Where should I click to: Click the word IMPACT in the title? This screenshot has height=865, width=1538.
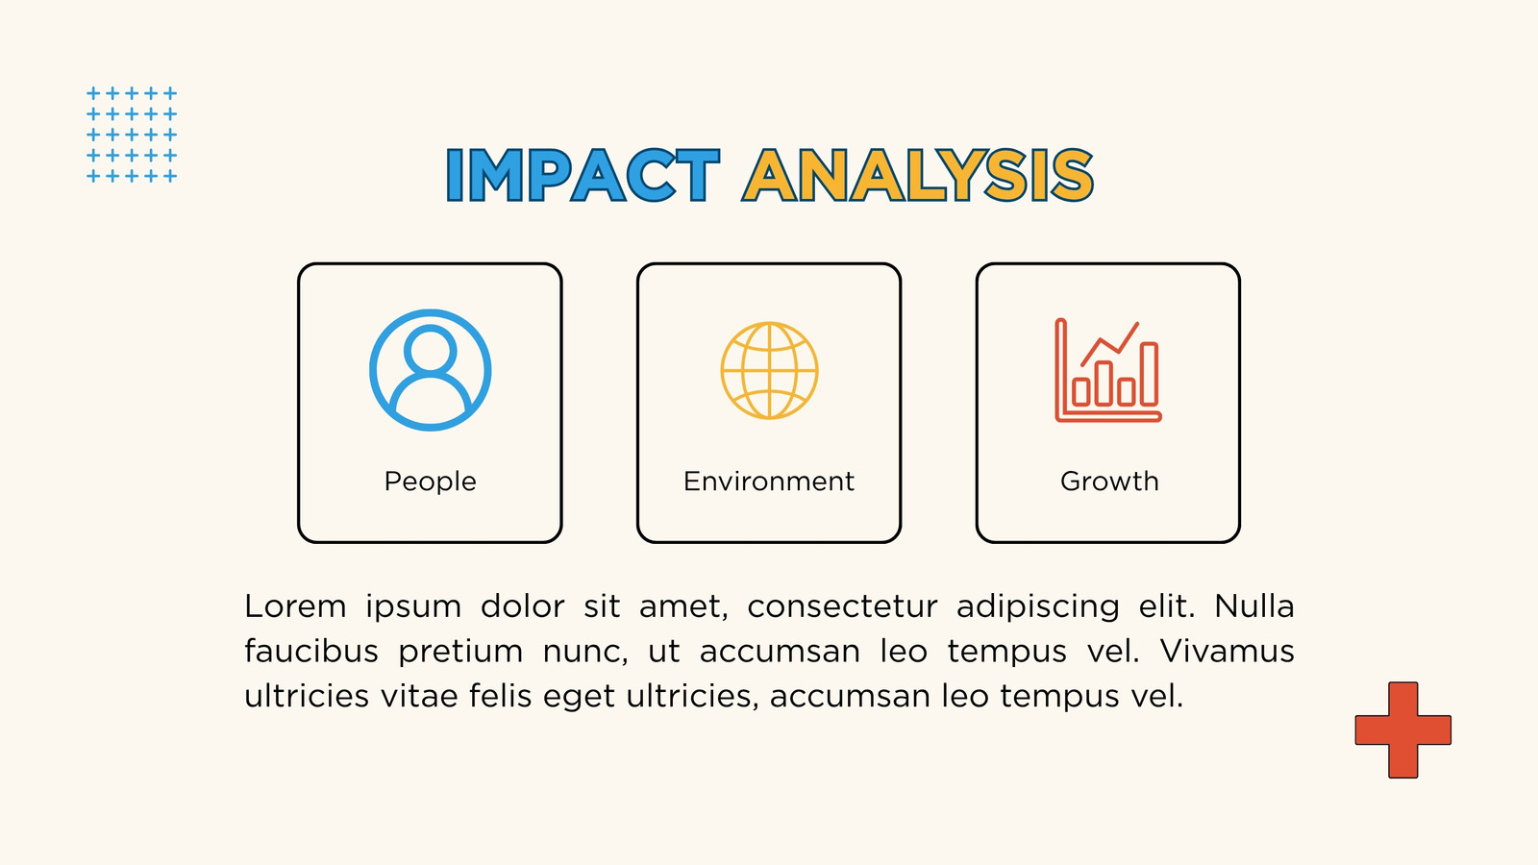(x=583, y=175)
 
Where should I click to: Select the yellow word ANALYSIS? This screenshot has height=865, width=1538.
(x=917, y=175)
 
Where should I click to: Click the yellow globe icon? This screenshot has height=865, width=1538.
(x=769, y=370)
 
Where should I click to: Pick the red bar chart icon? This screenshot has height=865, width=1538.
(x=1108, y=370)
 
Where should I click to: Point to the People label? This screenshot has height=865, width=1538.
(x=430, y=482)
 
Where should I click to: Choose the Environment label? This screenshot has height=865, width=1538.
(x=769, y=482)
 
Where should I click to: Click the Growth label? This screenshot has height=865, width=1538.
(x=1109, y=482)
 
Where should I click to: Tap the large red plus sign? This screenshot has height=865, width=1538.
(x=1402, y=729)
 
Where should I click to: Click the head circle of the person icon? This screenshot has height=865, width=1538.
(x=431, y=329)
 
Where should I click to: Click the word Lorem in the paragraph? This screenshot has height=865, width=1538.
(x=295, y=606)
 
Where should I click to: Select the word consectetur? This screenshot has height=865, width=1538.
(x=842, y=606)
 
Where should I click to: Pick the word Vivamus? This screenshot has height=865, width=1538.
(x=1227, y=651)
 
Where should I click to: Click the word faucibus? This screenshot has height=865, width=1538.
(x=311, y=650)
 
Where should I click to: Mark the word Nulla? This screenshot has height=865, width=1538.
(x=1254, y=606)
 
